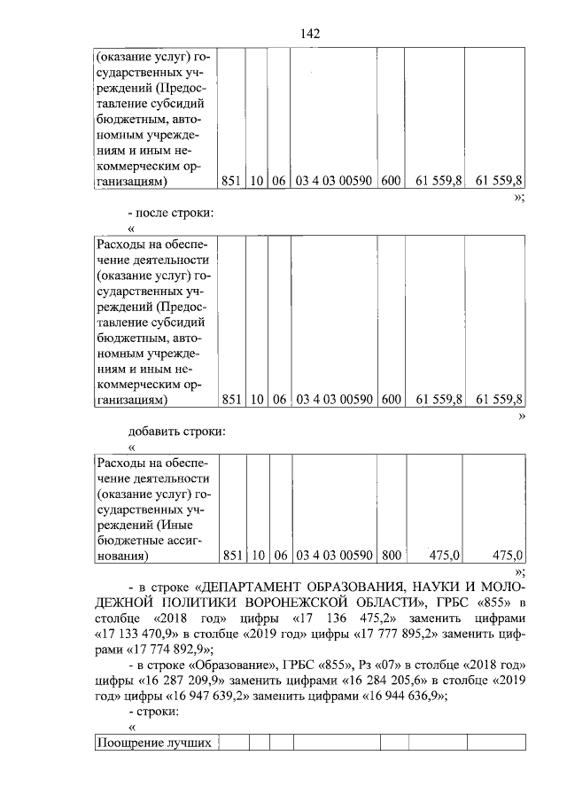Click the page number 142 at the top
coord(310,33)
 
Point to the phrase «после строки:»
coord(178,213)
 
